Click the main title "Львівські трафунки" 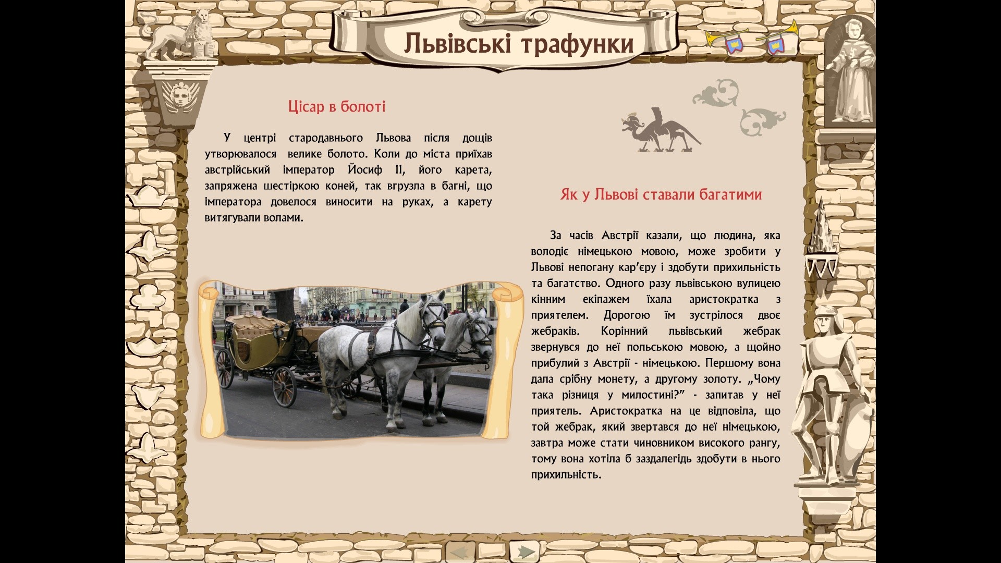click(x=519, y=43)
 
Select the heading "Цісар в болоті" click(x=337, y=107)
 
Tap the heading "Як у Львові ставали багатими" click(x=661, y=194)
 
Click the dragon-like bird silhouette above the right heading click(x=660, y=130)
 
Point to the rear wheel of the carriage click(x=284, y=386)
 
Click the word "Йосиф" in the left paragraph click(x=365, y=170)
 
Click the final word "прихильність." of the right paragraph click(x=566, y=475)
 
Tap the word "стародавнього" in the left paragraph click(x=326, y=138)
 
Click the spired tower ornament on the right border click(x=822, y=240)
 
